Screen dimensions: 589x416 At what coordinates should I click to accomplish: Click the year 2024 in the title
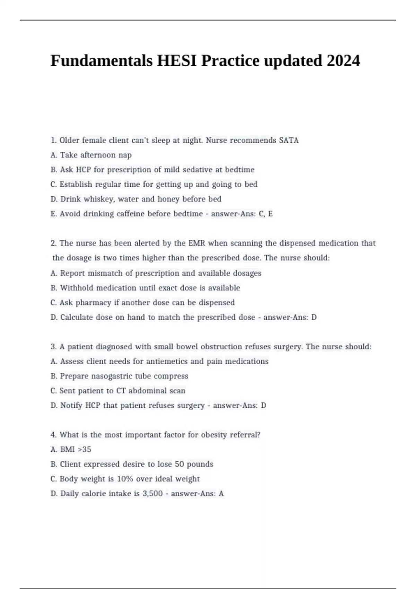pyautogui.click(x=343, y=61)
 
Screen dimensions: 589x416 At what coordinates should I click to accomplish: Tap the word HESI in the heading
pyautogui.click(x=177, y=61)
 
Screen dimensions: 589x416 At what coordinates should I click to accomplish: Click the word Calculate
pyautogui.click(x=77, y=317)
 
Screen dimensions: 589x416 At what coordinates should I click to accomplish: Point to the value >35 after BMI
pyautogui.click(x=85, y=449)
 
